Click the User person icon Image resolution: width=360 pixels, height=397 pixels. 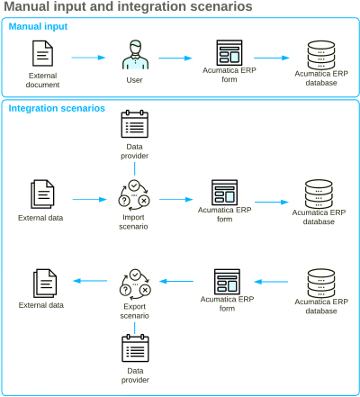[x=134, y=56]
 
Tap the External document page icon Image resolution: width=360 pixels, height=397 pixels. [x=43, y=56]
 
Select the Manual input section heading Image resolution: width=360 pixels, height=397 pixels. [x=38, y=27]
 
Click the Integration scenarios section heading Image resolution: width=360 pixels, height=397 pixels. [x=57, y=108]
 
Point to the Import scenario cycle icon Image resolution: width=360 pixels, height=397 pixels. [x=134, y=198]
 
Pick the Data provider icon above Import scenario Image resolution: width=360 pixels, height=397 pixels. [x=134, y=124]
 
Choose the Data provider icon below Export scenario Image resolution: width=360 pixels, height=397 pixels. [x=134, y=348]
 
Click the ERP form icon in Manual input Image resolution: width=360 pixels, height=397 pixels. [x=229, y=54]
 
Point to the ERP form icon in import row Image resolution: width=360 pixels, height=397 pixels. [x=224, y=194]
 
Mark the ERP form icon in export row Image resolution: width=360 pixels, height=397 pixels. [x=227, y=282]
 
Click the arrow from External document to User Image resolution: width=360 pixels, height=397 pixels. [x=88, y=58]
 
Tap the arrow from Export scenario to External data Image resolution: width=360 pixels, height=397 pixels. [x=90, y=281]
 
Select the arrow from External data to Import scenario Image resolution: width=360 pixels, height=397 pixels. [x=90, y=199]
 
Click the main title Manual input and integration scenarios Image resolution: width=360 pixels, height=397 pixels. [x=127, y=7]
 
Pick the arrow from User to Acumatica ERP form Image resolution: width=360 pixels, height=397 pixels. [x=177, y=58]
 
